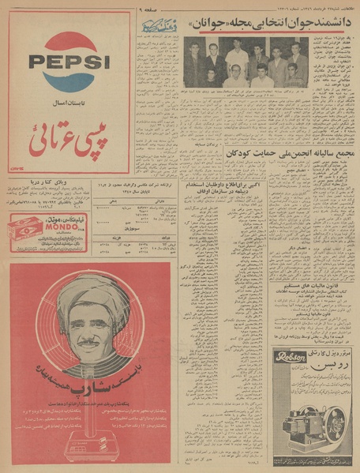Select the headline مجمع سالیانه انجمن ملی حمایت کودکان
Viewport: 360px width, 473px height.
(289, 154)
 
